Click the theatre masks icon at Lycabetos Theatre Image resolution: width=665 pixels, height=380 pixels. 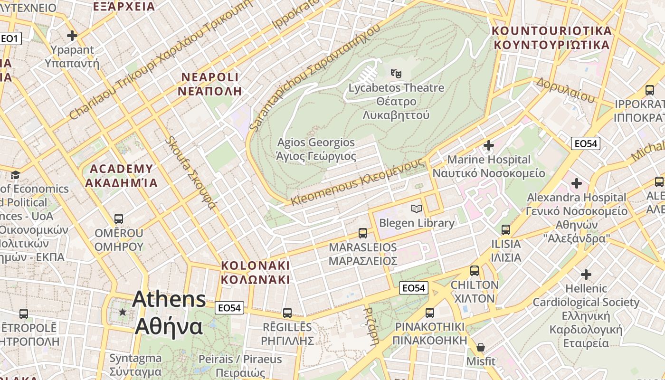pyautogui.click(x=396, y=73)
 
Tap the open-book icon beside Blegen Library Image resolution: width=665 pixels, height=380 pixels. pyautogui.click(x=417, y=209)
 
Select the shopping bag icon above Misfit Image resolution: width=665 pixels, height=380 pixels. pyautogui.click(x=481, y=347)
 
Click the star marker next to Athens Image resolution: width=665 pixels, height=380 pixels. pyautogui.click(x=123, y=312)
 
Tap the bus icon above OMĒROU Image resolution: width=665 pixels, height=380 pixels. pyautogui.click(x=119, y=219)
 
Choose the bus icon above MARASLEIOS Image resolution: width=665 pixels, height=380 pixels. pyautogui.click(x=363, y=233)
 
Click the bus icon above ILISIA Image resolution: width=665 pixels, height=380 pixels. pyautogui.click(x=506, y=230)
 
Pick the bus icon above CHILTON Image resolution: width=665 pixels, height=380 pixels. pyautogui.click(x=475, y=271)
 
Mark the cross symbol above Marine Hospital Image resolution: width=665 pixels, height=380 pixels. pyautogui.click(x=489, y=145)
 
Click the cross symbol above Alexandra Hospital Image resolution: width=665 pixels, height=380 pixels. pyautogui.click(x=577, y=183)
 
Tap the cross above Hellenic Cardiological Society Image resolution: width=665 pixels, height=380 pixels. pyautogui.click(x=586, y=274)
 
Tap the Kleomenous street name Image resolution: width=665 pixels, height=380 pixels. pyautogui.click(x=356, y=181)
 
